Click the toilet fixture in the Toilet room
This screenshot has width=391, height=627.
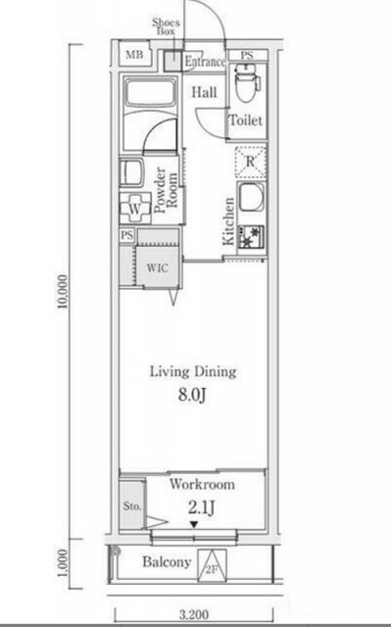click(x=248, y=82)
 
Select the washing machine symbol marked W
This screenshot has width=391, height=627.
click(x=135, y=209)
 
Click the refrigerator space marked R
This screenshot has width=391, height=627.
click(x=250, y=162)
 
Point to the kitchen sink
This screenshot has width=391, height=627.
click(x=252, y=197)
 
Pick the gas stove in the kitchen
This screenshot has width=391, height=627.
click(x=251, y=237)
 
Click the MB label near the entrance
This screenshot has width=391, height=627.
click(x=134, y=55)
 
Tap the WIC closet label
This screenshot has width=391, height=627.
click(x=157, y=267)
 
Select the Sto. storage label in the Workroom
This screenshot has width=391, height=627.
click(x=132, y=506)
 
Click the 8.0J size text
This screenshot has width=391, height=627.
click(x=192, y=396)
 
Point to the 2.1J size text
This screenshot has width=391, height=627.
click(x=202, y=508)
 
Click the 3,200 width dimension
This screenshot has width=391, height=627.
click(x=194, y=614)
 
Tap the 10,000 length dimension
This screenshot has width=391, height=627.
click(x=62, y=292)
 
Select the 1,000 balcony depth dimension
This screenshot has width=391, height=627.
click(x=62, y=563)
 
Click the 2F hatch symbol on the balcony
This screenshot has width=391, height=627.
click(x=212, y=565)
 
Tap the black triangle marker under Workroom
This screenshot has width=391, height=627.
click(x=194, y=524)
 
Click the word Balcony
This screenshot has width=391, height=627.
click(x=167, y=562)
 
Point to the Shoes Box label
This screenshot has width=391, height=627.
click(x=166, y=26)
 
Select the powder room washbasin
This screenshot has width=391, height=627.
click(x=131, y=172)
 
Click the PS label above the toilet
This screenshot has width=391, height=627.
click(x=247, y=56)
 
